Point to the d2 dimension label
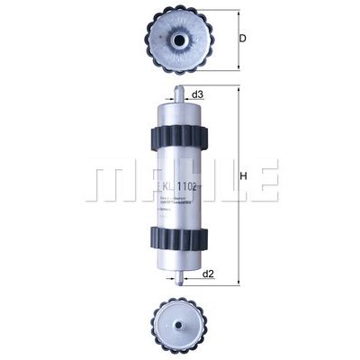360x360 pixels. click(208, 271)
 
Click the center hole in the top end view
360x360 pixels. click(176, 40)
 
